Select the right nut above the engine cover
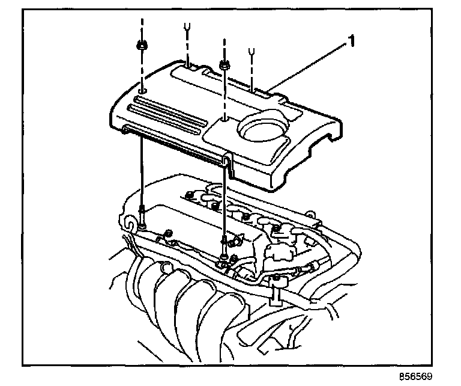coord(224,63)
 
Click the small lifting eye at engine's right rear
coord(310,212)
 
